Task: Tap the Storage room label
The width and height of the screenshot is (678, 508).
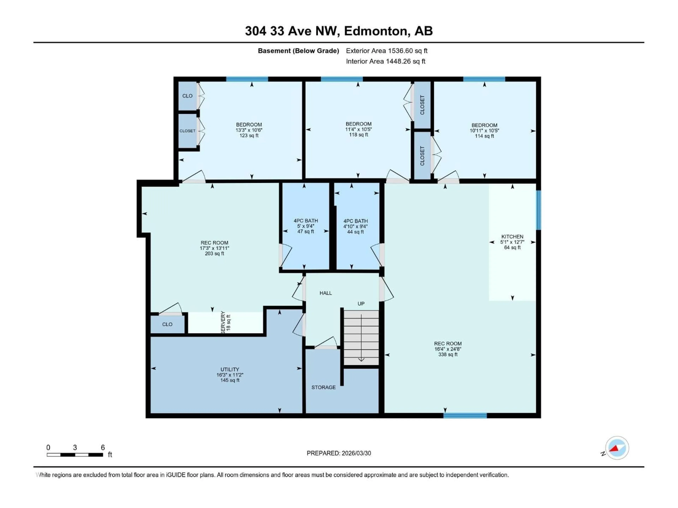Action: coord(323,387)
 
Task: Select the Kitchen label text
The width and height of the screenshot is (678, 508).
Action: coord(512,237)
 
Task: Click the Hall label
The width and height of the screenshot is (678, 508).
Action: coord(326,293)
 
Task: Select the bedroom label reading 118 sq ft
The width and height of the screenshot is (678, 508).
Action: coord(358,129)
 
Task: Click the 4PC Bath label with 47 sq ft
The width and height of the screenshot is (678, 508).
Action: coord(306,226)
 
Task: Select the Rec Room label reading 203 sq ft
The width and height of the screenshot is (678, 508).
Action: coord(214,248)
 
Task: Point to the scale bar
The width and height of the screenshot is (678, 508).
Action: coord(75,455)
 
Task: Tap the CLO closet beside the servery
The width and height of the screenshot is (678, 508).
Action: coord(167,324)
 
